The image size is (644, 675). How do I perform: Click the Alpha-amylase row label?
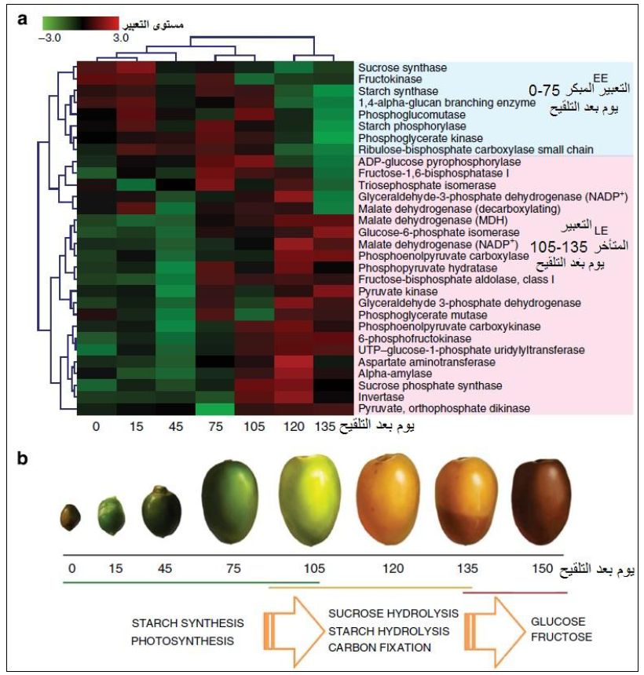386,374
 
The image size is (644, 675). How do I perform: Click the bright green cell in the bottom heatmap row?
214,409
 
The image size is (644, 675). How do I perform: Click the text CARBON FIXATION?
379,648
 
